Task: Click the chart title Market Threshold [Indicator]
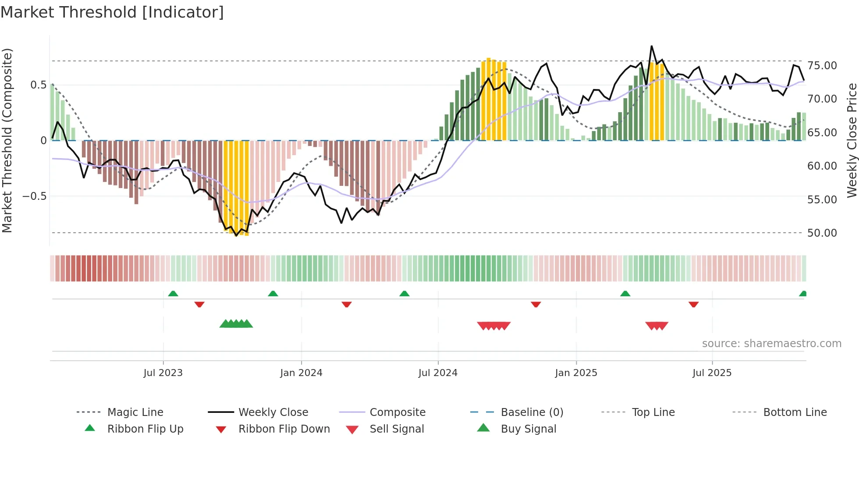tap(112, 12)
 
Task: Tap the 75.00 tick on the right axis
tap(822, 66)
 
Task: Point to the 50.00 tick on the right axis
tap(822, 233)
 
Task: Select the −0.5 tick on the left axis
tap(35, 196)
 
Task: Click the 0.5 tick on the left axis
tap(38, 85)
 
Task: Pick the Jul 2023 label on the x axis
tap(163, 373)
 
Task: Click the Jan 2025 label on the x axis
tap(576, 373)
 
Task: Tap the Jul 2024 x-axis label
tap(438, 373)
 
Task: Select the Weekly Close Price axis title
tap(852, 140)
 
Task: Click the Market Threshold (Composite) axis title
tap(7, 140)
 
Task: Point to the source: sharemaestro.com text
tap(771, 344)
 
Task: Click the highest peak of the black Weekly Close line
tap(652, 46)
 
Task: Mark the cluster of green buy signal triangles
tap(236, 324)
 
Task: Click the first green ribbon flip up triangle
tap(173, 294)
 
